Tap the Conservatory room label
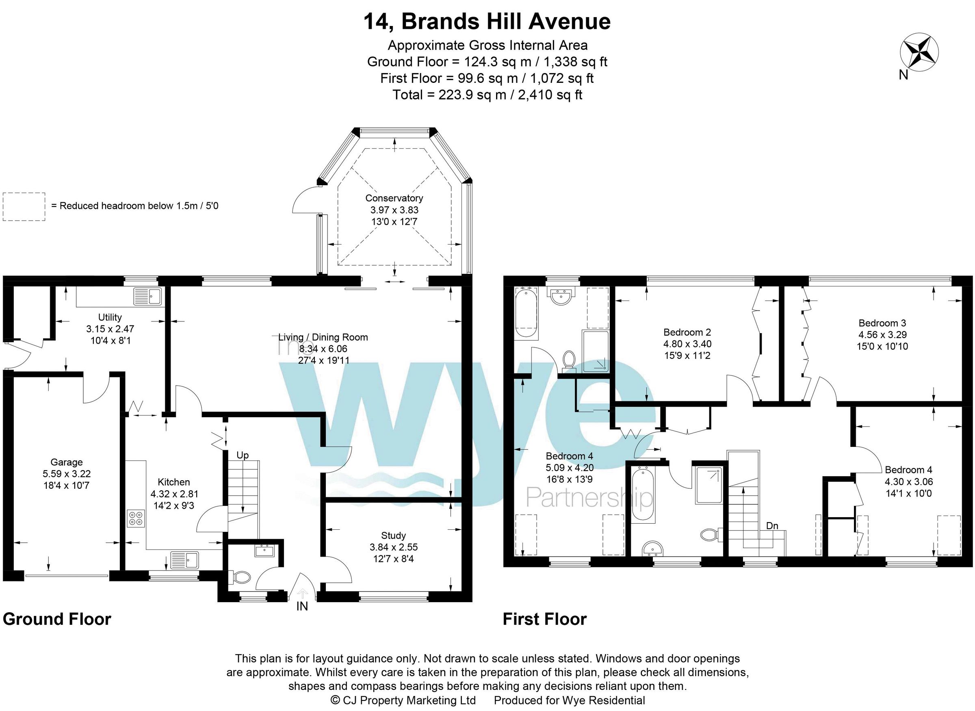pos(394,198)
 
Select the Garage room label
pos(66,462)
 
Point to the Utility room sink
pos(147,297)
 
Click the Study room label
pos(393,535)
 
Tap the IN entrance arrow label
pos(302,607)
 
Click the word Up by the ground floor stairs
pos(243,455)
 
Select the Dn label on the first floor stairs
pos(772,526)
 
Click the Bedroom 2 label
pos(687,332)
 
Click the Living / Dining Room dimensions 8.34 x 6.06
pos(323,349)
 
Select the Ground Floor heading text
pos(57,619)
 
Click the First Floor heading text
pos(544,619)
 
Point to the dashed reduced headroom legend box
pos(24,206)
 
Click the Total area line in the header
pos(487,95)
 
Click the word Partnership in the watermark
pos(589,498)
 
